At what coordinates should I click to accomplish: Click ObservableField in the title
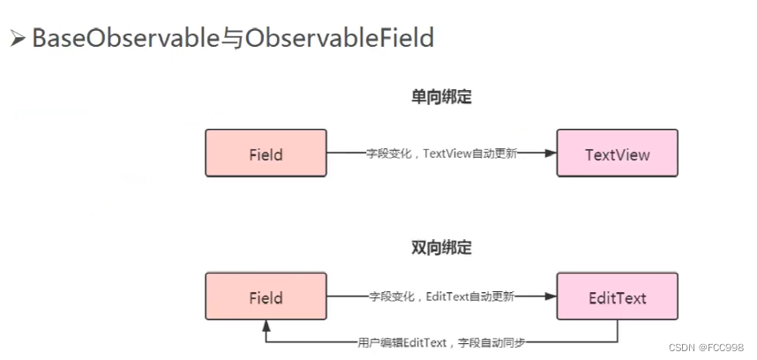[340, 39]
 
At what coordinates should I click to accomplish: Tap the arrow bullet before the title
[18, 39]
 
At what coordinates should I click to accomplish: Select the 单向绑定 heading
[441, 97]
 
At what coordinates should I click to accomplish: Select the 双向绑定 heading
[441, 248]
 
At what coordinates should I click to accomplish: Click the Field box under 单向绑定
[266, 154]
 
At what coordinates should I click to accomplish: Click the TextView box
[617, 154]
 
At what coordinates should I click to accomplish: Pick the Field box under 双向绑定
[266, 297]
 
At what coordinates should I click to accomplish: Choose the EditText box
[617, 297]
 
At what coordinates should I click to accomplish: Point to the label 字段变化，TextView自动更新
[441, 154]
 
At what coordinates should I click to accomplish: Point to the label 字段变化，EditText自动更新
[441, 297]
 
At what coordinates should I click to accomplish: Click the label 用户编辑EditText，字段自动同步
[441, 341]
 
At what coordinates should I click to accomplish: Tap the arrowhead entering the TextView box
[550, 154]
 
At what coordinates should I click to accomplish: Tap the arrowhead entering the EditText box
[550, 297]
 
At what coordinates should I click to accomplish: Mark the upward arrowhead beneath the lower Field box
[266, 326]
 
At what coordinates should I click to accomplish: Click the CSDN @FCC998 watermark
[706, 348]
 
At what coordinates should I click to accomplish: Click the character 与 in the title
[232, 39]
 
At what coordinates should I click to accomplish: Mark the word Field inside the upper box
[266, 154]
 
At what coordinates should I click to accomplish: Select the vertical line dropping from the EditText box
[617, 331]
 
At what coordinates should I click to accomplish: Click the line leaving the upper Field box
[344, 154]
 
